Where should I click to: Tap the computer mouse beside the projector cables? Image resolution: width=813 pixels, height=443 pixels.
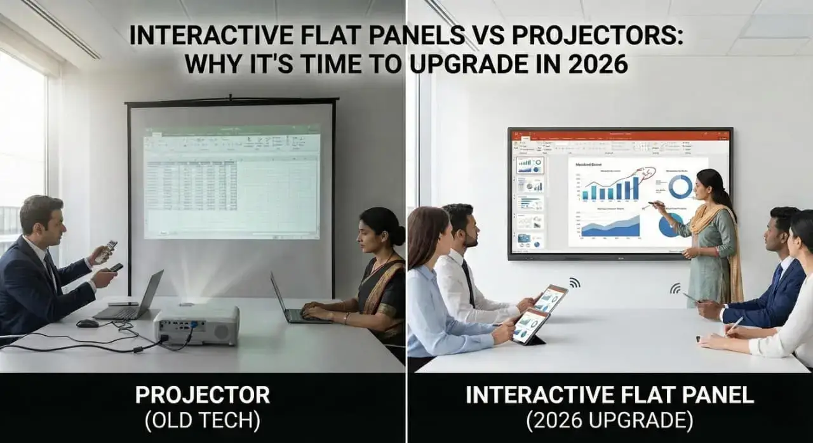[x=88, y=323]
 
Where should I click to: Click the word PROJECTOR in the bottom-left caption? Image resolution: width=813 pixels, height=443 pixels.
[x=202, y=395]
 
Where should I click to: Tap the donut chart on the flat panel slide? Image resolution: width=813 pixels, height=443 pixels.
[x=680, y=186]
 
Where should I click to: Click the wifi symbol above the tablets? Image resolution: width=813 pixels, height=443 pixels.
[x=574, y=282]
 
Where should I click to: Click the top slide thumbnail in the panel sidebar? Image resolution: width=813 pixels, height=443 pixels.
[x=529, y=165]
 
